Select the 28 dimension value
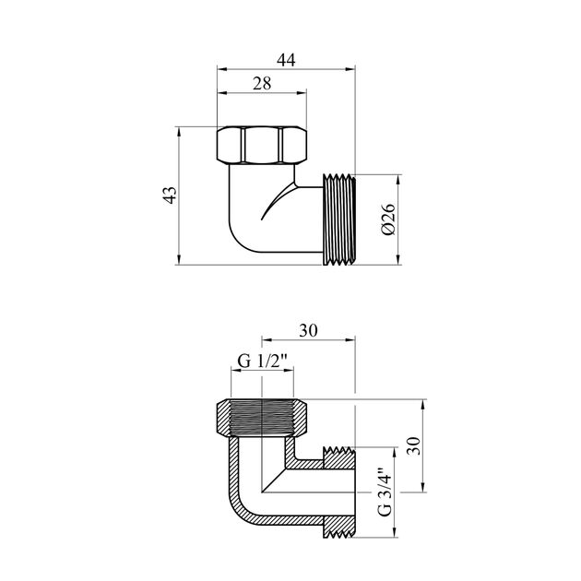click(261, 83)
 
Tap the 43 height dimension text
click(168, 196)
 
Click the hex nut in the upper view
click(264, 144)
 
